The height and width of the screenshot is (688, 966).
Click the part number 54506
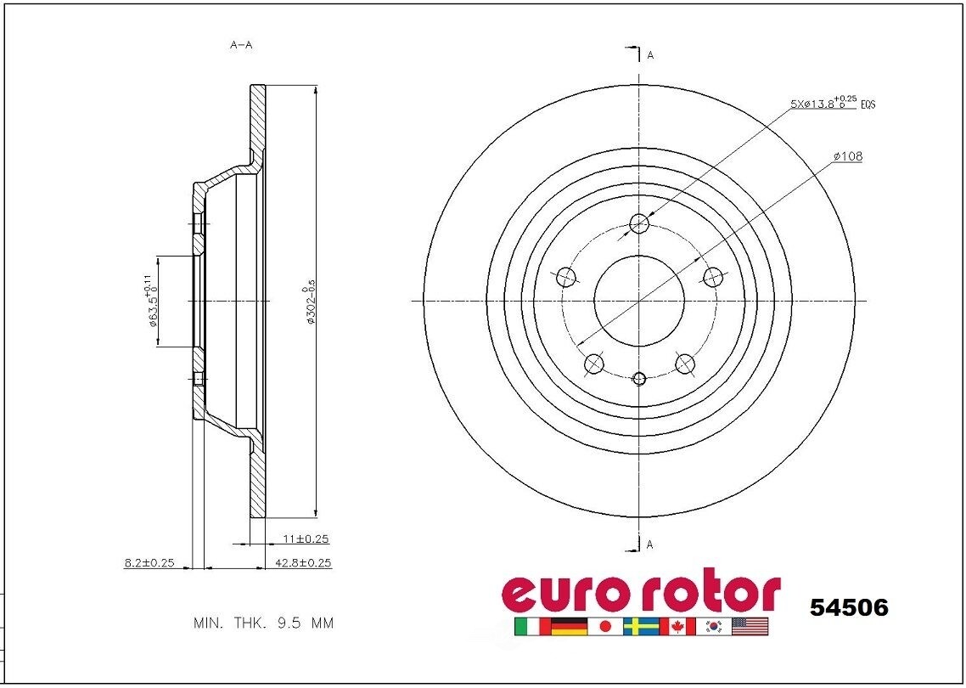(x=849, y=608)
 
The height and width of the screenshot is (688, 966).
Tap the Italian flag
(x=531, y=627)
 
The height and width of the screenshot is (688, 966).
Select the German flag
(x=568, y=627)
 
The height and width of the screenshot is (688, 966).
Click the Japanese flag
(x=604, y=627)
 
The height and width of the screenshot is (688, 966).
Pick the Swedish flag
(x=641, y=627)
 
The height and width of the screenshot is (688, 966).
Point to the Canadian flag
(x=677, y=627)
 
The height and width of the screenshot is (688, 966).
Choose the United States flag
(x=750, y=627)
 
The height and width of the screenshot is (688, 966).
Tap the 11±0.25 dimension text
(x=305, y=539)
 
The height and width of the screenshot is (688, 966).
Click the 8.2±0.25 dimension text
(x=149, y=562)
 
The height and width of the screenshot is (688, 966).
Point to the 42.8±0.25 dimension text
(x=303, y=562)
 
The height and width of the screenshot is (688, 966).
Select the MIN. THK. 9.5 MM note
(x=263, y=623)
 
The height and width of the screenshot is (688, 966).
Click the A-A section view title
(x=241, y=45)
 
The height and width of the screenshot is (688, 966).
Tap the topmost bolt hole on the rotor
(x=639, y=224)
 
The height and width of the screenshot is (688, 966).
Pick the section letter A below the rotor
(x=650, y=544)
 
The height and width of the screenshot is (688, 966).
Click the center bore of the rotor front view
(x=639, y=299)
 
